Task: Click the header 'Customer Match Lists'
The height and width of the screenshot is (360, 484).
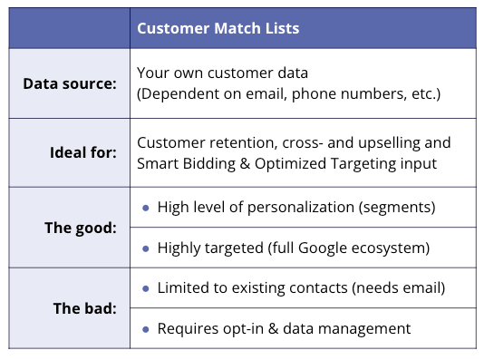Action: coord(218,28)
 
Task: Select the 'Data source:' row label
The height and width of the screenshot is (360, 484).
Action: coord(70,83)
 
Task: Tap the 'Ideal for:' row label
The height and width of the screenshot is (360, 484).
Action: coord(83,152)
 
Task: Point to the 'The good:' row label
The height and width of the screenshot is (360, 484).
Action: coord(81,229)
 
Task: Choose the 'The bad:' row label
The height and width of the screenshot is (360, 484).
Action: coord(85,308)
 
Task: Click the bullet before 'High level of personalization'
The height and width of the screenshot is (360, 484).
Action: coord(146,208)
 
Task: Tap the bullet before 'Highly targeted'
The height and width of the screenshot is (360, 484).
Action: coord(146,248)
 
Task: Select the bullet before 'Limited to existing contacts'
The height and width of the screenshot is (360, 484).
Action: coord(146,288)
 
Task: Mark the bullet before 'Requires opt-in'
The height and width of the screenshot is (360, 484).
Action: coord(146,329)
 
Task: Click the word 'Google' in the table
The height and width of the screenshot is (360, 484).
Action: coord(323,248)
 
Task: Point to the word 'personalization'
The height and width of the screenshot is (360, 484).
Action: coord(301,208)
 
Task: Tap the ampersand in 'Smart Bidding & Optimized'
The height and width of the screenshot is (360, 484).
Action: coord(245,163)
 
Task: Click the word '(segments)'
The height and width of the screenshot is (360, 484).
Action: coord(397,208)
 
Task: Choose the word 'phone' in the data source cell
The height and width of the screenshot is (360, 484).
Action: coord(314,94)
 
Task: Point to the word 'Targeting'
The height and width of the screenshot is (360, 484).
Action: coord(363,164)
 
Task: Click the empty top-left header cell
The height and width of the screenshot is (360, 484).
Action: coord(70,28)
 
